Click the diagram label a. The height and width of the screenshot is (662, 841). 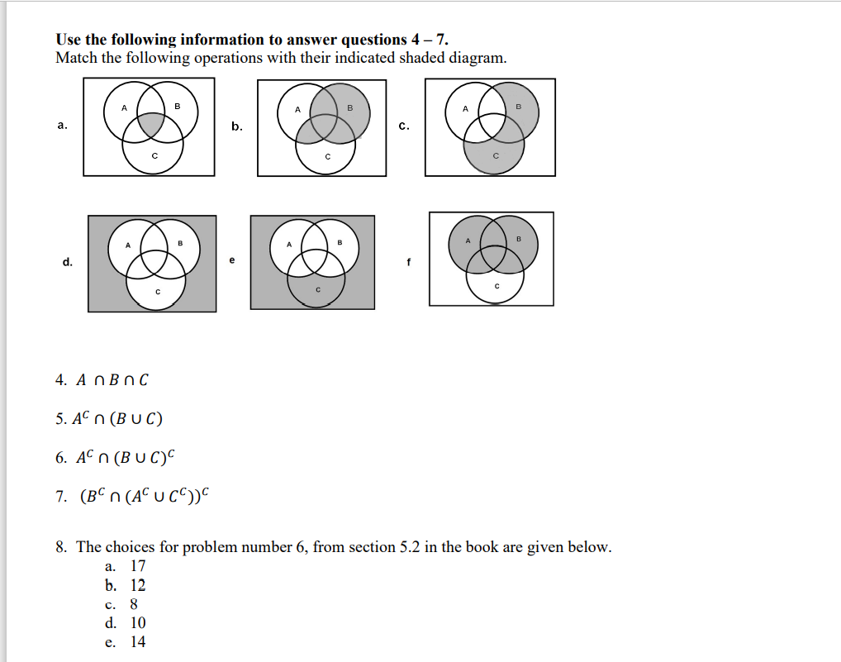click(x=62, y=126)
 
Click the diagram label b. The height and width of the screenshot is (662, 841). click(x=237, y=126)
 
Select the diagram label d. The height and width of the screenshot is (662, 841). click(x=67, y=262)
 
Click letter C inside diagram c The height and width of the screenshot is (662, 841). click(x=496, y=156)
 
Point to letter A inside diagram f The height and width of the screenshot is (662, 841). click(x=467, y=241)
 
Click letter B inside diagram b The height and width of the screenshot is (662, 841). click(x=349, y=108)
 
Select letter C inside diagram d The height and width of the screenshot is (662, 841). click(x=156, y=293)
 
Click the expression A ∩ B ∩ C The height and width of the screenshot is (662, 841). click(x=113, y=380)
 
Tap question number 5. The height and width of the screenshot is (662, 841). click(x=60, y=418)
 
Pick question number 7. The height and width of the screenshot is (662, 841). click(x=60, y=497)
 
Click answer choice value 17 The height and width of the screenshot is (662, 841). click(x=138, y=566)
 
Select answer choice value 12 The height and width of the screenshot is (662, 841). click(x=138, y=585)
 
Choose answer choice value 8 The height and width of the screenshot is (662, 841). click(x=134, y=604)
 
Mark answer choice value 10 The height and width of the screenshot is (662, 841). click(x=138, y=623)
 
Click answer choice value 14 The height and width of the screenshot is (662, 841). click(x=138, y=642)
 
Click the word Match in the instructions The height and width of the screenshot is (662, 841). click(x=76, y=58)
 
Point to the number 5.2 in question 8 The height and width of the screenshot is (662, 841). click(x=408, y=547)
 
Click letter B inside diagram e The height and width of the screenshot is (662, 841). click(x=339, y=242)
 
